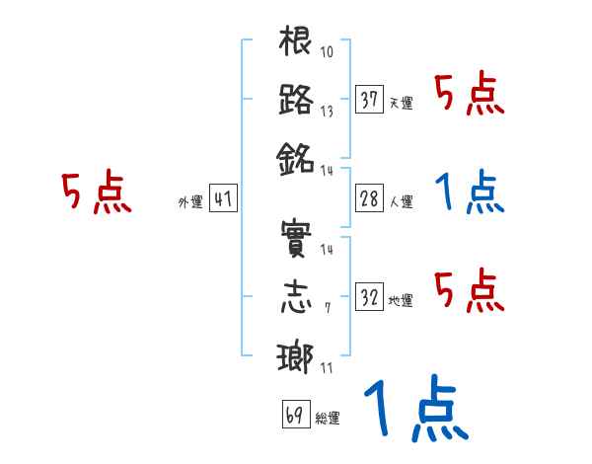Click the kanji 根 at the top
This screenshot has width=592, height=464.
tap(297, 43)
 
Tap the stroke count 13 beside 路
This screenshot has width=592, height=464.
tap(327, 112)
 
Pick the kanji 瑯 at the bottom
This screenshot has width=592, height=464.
tap(297, 355)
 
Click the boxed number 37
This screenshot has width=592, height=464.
tap(370, 99)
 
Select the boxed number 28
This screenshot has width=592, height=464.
tap(370, 197)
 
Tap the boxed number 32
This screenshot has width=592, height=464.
tap(370, 295)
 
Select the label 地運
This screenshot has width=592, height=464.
tap(401, 300)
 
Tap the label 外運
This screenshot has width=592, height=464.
tap(190, 202)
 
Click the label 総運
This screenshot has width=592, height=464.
tap(327, 419)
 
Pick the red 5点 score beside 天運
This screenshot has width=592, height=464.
tap(469, 96)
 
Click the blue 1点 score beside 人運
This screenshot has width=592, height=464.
tap(469, 193)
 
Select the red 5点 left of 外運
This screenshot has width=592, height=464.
tap(95, 193)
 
